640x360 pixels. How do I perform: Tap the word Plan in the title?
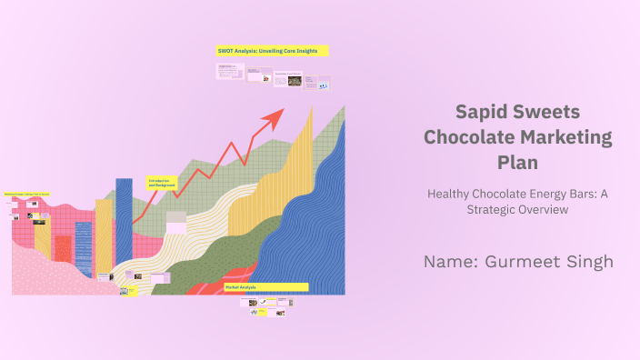[518, 163]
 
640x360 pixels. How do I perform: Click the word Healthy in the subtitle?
[454, 193]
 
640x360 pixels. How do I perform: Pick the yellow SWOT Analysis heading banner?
[272, 51]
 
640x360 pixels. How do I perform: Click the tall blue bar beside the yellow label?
[124, 227]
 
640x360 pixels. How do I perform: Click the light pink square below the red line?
[175, 222]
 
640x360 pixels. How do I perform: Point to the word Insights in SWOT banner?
[305, 51]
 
